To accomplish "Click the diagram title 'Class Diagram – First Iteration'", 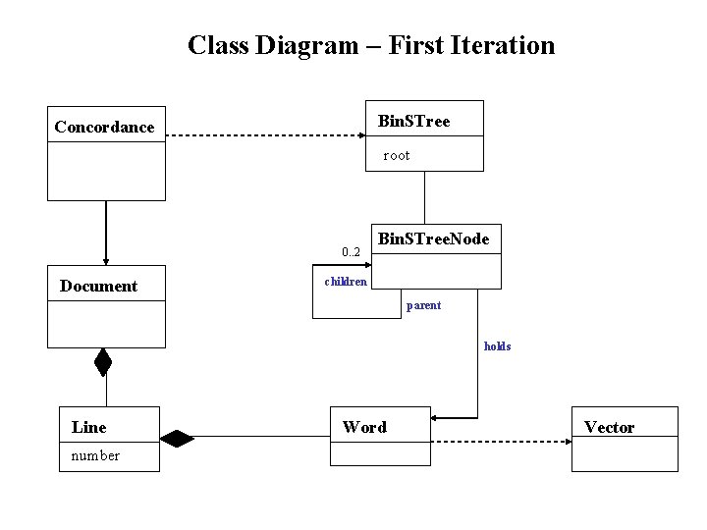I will (x=371, y=45).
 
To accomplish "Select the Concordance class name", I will (x=104, y=127).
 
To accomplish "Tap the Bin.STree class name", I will (x=414, y=121).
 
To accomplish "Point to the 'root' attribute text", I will (x=397, y=155).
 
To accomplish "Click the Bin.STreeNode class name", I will (x=434, y=238).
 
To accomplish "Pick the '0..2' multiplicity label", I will (x=352, y=253).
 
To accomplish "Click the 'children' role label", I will (x=346, y=282).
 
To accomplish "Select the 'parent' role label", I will (x=424, y=305).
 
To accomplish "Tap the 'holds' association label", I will (x=497, y=346).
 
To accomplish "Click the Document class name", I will (x=98, y=286).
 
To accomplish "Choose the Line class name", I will (x=89, y=427).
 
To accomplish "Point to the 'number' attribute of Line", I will (x=95, y=455).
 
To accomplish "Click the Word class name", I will (x=364, y=427).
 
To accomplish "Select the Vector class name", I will (x=609, y=427).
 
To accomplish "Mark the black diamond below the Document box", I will (x=103, y=362).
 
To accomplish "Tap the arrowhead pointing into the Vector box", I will (x=566, y=440).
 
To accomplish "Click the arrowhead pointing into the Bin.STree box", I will (x=359, y=135).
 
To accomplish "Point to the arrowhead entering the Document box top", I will (x=106, y=259).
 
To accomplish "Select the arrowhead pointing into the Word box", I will (x=438, y=417).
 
